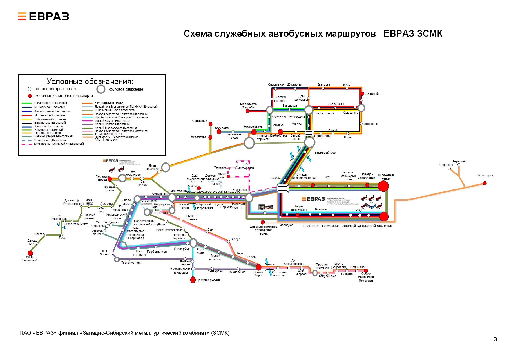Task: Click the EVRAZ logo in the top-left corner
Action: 44,17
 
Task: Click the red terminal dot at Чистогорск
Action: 484,183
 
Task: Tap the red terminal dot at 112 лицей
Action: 362,93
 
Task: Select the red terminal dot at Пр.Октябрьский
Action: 193,280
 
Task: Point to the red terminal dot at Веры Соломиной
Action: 30,253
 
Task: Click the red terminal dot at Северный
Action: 210,124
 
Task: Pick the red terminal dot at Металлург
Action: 210,137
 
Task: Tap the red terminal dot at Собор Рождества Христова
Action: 366,271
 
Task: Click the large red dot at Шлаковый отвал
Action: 383,187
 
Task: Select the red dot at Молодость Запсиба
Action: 247,111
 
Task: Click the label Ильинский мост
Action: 325,153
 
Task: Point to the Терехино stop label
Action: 459,161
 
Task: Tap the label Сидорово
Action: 446,165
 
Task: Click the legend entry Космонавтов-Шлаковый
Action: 50,103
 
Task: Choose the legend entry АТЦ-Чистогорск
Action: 106,140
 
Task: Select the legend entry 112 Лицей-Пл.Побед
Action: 109,103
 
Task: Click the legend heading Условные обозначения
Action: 90,82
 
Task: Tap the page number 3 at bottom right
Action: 495,339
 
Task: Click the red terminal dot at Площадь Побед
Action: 110,179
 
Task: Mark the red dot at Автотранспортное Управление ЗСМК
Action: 262,222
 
